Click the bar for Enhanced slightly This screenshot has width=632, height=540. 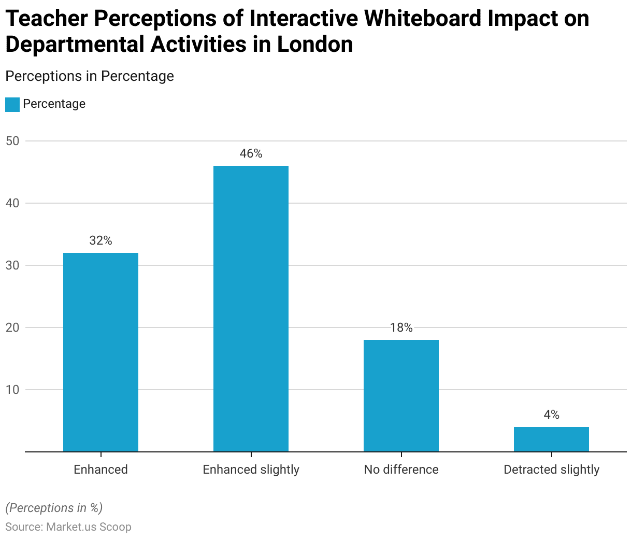(251, 308)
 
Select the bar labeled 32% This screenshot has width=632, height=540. (100, 352)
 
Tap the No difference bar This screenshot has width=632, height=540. (401, 395)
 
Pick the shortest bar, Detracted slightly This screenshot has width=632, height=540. (551, 439)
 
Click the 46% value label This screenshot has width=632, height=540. (251, 154)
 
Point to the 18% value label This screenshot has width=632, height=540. (401, 328)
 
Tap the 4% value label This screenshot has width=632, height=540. (551, 415)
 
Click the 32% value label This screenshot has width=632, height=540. (100, 241)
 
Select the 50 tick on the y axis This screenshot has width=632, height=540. (12, 141)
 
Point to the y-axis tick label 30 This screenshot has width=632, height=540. (12, 265)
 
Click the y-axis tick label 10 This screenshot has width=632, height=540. (12, 390)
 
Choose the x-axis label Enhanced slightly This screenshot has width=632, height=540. (251, 470)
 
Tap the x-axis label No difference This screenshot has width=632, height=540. (401, 470)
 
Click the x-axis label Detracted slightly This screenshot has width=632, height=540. (551, 470)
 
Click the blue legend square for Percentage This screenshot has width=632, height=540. (12, 104)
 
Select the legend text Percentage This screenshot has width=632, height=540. (54, 104)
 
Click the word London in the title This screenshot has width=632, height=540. (315, 45)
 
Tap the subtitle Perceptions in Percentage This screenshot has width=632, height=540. (89, 76)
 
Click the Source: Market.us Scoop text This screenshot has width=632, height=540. (68, 527)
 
